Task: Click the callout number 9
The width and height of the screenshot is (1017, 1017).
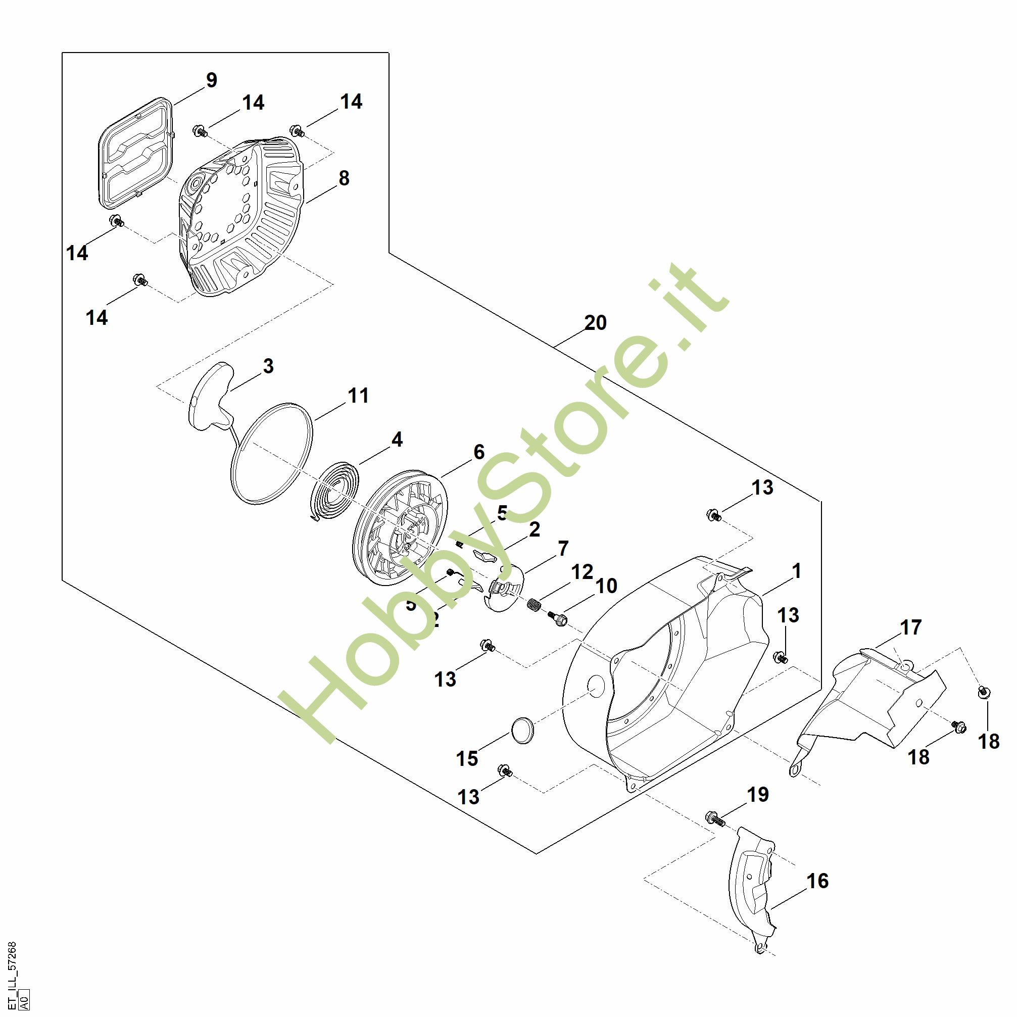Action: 211,80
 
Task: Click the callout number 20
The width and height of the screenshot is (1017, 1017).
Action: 595,323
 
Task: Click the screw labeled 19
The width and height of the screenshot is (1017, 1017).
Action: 714,818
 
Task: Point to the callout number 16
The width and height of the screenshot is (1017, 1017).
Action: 817,881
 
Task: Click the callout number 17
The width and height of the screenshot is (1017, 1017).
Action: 910,627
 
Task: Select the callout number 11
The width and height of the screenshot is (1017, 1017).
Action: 358,395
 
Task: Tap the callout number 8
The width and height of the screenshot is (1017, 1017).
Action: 344,178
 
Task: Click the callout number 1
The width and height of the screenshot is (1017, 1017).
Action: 796,570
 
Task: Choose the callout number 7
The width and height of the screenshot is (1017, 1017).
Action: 563,549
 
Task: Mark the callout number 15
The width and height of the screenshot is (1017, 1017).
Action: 467,758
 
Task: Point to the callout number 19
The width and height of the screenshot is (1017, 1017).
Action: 757,794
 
